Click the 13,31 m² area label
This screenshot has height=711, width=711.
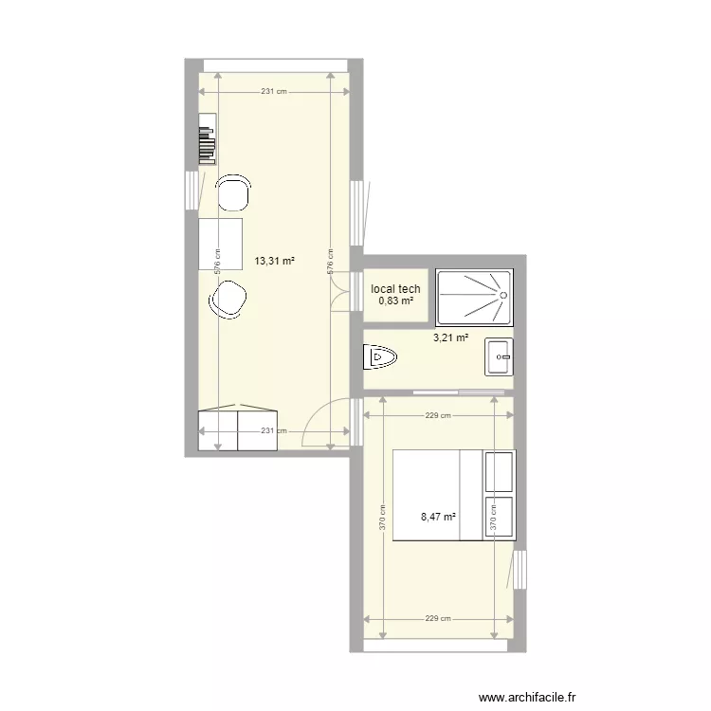pyautogui.click(x=275, y=261)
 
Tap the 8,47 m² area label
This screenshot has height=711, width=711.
pyautogui.click(x=438, y=518)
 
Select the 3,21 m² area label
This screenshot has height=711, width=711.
pyautogui.click(x=450, y=337)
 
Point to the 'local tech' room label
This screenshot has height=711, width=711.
pyautogui.click(x=396, y=289)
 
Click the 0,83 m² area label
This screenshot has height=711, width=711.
pyautogui.click(x=396, y=301)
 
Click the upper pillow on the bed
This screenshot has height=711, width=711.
pyautogui.click(x=499, y=471)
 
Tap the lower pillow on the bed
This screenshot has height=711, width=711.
pyautogui.click(x=499, y=518)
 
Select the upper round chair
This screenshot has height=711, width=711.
pyautogui.click(x=233, y=192)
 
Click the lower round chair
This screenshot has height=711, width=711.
pyautogui.click(x=228, y=302)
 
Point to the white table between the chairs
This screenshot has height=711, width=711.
pyautogui.click(x=221, y=244)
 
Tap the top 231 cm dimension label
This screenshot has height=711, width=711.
pyautogui.click(x=274, y=92)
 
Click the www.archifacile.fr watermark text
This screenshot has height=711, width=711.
pyautogui.click(x=528, y=698)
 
